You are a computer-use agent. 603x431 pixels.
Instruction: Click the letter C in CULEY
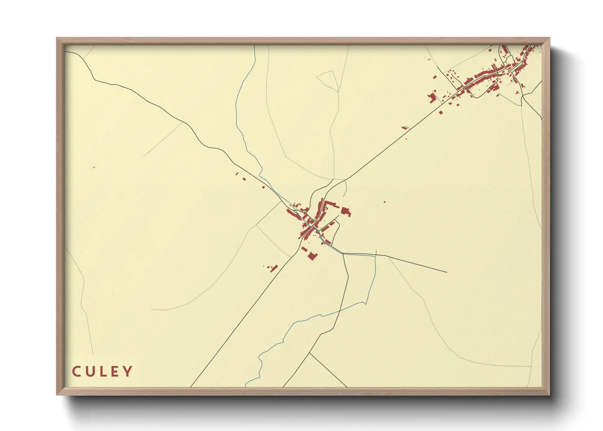(76, 372)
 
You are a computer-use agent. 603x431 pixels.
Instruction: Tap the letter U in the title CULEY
(90, 372)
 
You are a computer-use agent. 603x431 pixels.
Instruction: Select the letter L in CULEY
(103, 372)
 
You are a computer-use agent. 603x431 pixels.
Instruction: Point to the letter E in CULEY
(115, 372)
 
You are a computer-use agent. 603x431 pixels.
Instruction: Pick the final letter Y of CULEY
(128, 372)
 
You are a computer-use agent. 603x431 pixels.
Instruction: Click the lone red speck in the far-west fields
(94, 167)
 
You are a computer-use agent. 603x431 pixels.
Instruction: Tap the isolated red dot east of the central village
(384, 202)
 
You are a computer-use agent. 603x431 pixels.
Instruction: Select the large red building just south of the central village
(313, 255)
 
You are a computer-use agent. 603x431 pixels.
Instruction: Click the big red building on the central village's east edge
(346, 211)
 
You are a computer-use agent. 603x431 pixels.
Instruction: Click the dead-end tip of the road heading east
(447, 272)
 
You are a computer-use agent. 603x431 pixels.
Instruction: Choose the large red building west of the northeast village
(431, 97)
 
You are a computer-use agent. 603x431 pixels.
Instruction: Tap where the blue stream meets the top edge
(255, 46)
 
